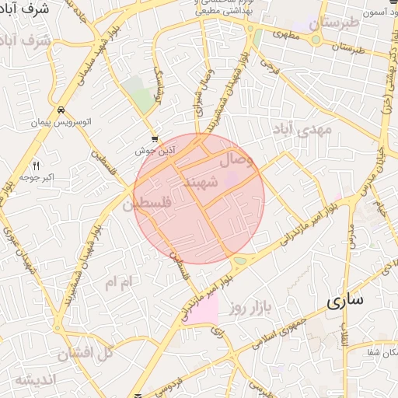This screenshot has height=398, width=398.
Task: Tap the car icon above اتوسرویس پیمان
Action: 61,110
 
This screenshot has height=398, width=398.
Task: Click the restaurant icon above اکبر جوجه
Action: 36,165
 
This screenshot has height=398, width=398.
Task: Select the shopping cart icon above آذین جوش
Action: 154,138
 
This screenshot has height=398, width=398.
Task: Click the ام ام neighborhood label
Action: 120,281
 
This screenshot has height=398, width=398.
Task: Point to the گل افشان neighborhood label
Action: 86,352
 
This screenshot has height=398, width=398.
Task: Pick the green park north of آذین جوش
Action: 141,97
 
